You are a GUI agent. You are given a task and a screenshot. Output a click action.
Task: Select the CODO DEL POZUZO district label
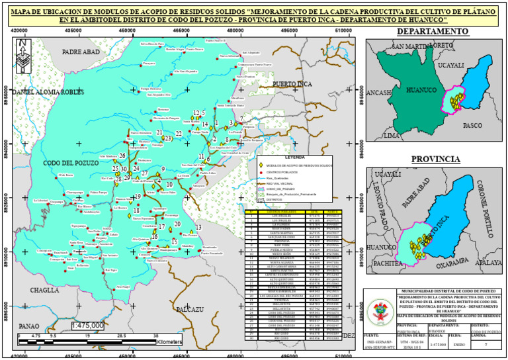click(x=69, y=163)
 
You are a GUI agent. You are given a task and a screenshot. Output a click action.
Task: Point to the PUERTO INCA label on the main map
click(x=292, y=84)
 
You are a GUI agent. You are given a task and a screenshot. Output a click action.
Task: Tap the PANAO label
click(x=28, y=326)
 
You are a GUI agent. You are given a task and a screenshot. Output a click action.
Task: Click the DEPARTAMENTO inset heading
click(x=433, y=32)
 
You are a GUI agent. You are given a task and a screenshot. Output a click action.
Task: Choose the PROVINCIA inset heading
click(x=435, y=159)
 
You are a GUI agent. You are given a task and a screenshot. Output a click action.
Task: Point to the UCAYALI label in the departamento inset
click(x=452, y=66)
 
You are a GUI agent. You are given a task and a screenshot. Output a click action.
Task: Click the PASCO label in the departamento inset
click(x=472, y=124)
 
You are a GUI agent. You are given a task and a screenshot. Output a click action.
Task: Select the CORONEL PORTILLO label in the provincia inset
click(x=490, y=211)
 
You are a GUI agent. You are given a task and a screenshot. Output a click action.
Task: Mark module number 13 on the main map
click(x=199, y=228)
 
